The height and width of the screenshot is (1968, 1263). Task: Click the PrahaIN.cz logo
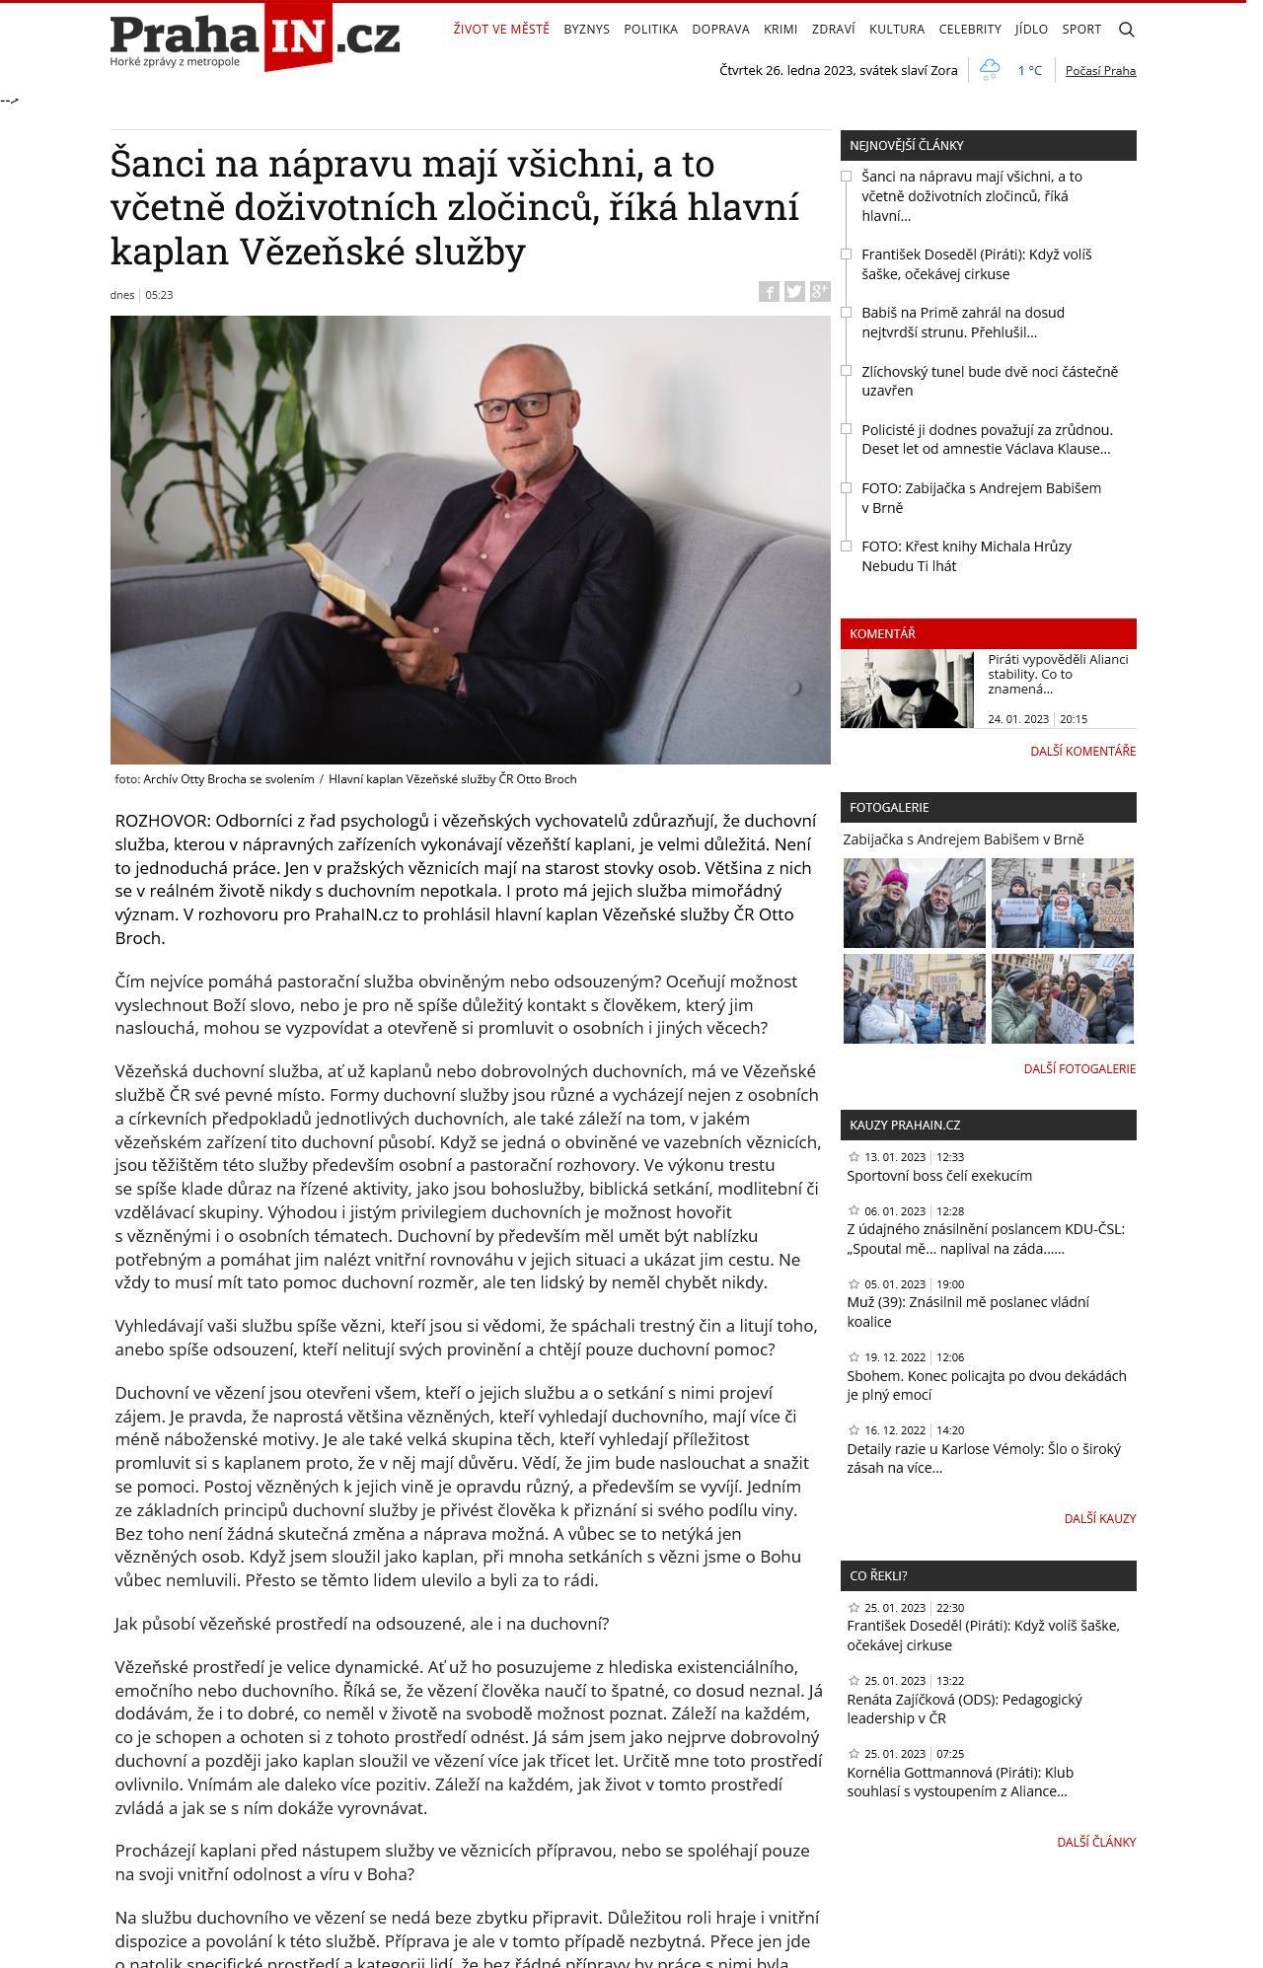pos(255,39)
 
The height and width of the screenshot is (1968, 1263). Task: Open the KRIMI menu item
pos(780,30)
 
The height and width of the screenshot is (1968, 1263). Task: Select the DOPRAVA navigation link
pos(720,30)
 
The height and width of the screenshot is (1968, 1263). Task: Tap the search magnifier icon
pos(1126,30)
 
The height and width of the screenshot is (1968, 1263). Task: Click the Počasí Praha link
pos(1100,71)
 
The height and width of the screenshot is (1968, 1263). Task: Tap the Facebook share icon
pos(769,291)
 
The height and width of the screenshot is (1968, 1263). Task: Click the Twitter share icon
pos(794,291)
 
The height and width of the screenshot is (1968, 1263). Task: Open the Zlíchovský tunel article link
pos(989,381)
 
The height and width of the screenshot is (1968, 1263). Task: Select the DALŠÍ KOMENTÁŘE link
pos(1082,751)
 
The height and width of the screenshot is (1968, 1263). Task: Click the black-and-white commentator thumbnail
pos(907,689)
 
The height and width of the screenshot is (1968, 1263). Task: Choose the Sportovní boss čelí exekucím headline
pos(938,1176)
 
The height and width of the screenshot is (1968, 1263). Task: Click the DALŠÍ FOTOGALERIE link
pos(1079,1068)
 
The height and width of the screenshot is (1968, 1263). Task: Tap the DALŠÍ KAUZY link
pos(1099,1518)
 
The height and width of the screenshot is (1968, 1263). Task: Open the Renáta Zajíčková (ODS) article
pos(963,1709)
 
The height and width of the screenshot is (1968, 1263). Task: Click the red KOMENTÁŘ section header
pos(988,633)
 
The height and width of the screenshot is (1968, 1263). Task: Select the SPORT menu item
pos(1080,30)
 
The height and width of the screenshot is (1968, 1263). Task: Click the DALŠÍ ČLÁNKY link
pos(1095,1842)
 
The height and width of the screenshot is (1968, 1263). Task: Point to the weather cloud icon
pos(989,70)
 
